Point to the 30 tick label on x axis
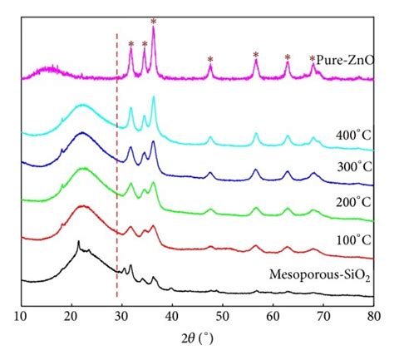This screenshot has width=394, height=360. coord(121,317)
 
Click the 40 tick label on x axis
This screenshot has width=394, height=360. coord(172,317)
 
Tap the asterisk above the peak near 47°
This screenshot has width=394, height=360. coord(209,59)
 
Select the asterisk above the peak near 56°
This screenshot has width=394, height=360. coord(255,55)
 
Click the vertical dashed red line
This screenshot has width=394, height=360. coord(116,166)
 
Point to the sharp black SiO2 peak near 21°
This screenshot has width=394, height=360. coord(78,243)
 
